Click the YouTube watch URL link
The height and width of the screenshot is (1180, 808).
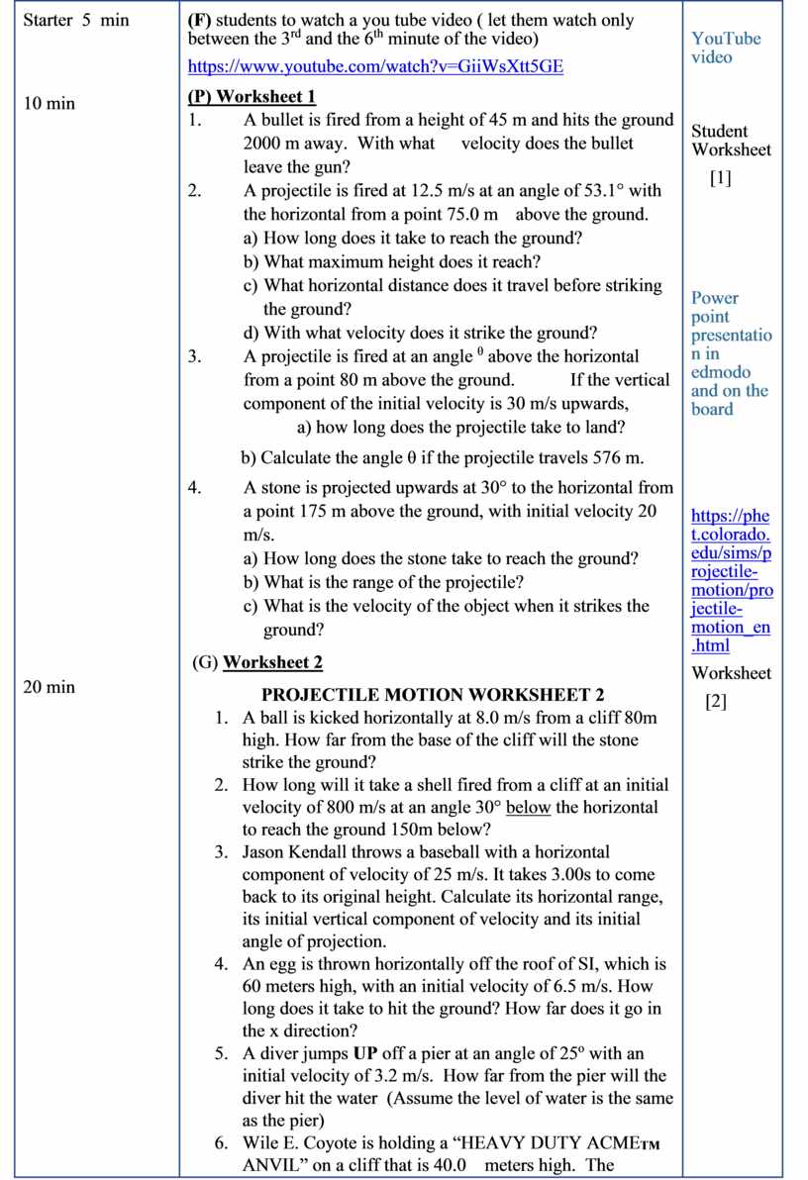(376, 67)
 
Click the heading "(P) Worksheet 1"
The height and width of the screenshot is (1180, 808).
(252, 96)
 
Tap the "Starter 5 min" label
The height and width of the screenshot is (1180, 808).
(75, 20)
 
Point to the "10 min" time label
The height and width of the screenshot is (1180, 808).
(49, 103)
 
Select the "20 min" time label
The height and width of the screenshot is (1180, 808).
(49, 686)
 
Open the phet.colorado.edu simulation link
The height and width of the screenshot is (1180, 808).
(731, 580)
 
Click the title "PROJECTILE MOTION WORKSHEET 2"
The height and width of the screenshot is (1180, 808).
(433, 695)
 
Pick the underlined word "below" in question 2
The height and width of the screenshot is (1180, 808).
(528, 807)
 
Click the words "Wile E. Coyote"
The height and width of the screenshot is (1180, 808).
(303, 1142)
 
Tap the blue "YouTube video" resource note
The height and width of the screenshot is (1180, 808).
(726, 48)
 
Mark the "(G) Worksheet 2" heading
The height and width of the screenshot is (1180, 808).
(257, 662)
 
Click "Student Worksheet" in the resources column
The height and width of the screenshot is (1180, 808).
(731, 141)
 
